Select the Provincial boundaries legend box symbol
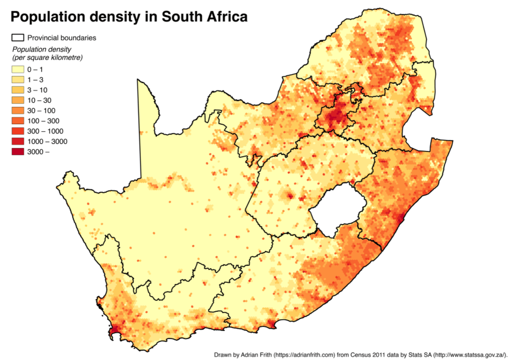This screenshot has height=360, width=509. (18, 38)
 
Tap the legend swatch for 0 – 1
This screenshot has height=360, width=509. (18, 69)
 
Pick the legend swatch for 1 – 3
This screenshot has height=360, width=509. (18, 80)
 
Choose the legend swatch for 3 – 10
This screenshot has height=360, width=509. (18, 90)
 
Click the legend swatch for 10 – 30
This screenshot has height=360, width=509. (18, 100)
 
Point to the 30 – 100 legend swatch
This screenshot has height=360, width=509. (18, 111)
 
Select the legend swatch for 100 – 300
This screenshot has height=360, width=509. (18, 121)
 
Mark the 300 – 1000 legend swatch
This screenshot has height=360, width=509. (18, 131)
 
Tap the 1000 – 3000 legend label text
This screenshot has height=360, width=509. (47, 142)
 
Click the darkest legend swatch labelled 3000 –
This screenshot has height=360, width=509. (18, 152)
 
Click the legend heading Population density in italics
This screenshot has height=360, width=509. (42, 50)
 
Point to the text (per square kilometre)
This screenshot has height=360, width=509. (47, 58)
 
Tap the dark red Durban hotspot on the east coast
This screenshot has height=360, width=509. (401, 217)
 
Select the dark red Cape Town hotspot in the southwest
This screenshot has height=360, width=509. (111, 331)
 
